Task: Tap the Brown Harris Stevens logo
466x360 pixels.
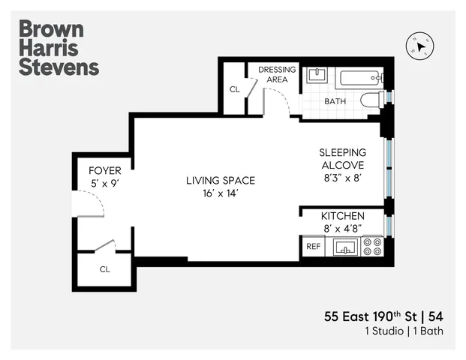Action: [58, 49]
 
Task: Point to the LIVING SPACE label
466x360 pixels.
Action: [221, 180]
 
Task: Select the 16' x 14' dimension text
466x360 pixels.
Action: [221, 193]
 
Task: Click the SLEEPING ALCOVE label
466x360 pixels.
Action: [342, 158]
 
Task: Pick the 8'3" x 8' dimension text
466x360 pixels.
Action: [342, 178]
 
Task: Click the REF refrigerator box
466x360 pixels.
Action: [312, 247]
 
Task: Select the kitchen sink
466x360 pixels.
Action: [345, 247]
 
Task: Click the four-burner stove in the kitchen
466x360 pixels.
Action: [372, 247]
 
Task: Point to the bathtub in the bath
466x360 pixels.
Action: [359, 79]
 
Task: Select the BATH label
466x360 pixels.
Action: [335, 101]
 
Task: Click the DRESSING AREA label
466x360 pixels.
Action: [277, 75]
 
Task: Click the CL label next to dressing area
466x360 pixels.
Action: [234, 89]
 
